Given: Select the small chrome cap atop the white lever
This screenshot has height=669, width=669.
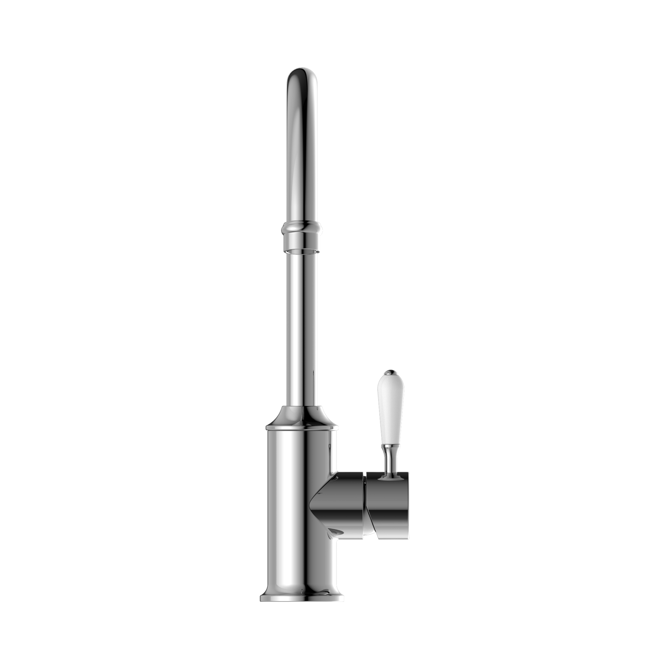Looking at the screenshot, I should [390, 372].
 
